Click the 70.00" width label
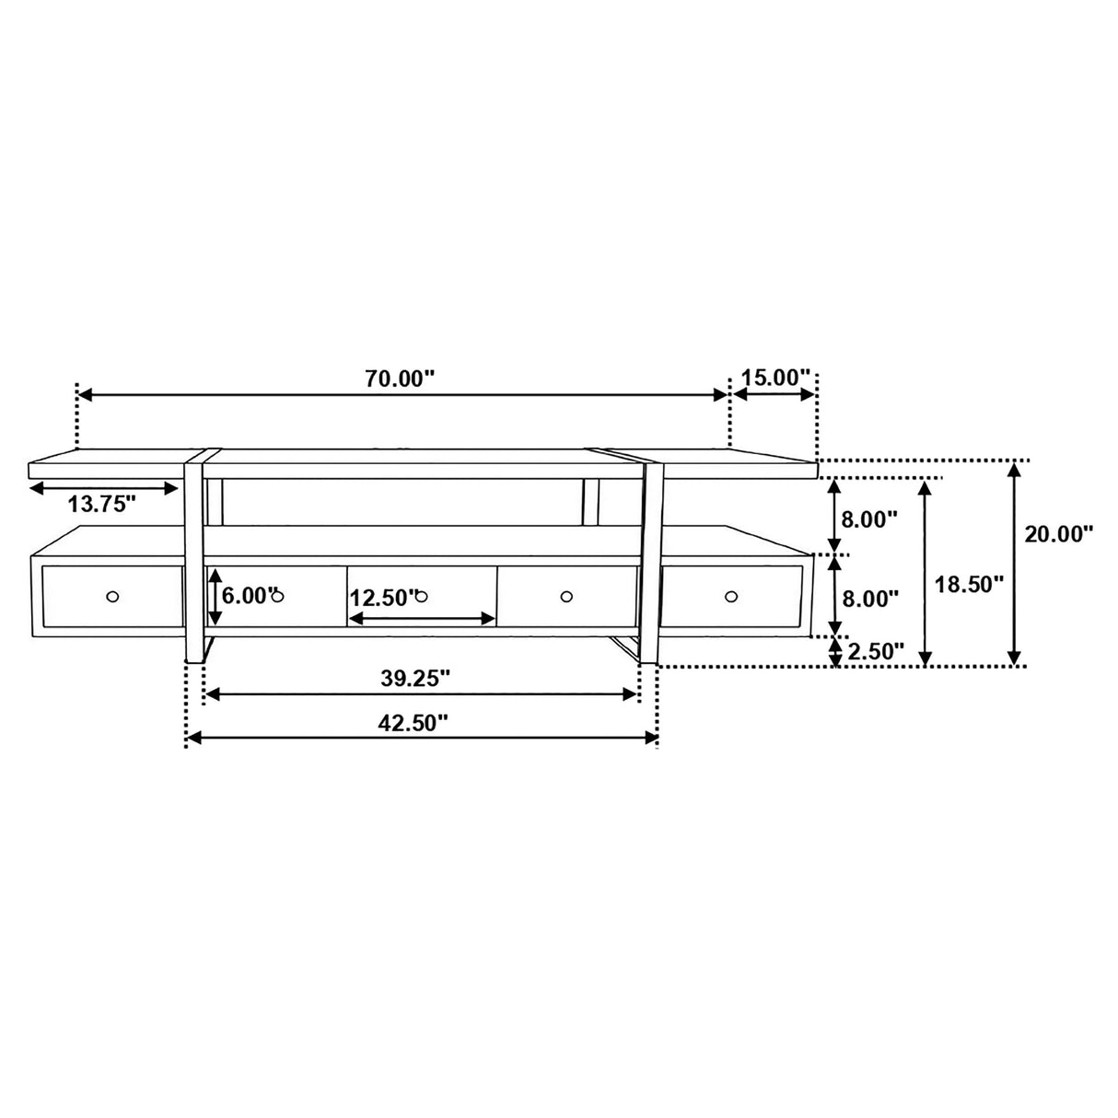401,378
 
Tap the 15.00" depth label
774,378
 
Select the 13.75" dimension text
102,504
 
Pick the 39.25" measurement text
415,678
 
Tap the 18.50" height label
968,584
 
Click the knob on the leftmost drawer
112,596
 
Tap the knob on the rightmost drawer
731,597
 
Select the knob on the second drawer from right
566,596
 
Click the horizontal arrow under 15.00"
774,395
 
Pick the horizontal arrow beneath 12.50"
422,620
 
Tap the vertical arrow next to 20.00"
1014,564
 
